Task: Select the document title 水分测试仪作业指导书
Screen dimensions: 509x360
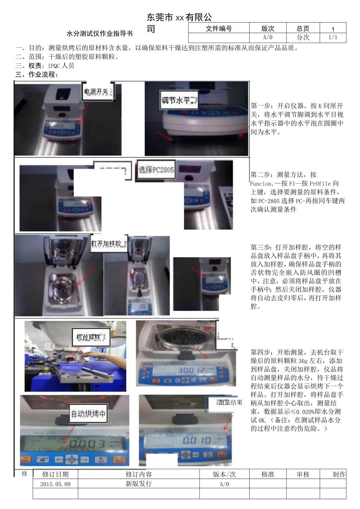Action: coord(99,34)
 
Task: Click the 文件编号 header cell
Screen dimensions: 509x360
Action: coord(219,28)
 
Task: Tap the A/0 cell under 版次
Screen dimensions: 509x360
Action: coord(268,38)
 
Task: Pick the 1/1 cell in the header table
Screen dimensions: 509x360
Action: coord(332,38)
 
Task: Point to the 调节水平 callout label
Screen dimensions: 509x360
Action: coord(178,101)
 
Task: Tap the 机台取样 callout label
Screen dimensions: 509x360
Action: coord(91,337)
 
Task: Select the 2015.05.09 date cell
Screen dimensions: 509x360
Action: coord(55,484)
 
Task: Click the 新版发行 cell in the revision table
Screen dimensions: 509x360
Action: coord(139,484)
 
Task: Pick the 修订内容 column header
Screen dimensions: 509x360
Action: coord(139,474)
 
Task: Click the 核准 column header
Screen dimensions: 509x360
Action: coord(268,474)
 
